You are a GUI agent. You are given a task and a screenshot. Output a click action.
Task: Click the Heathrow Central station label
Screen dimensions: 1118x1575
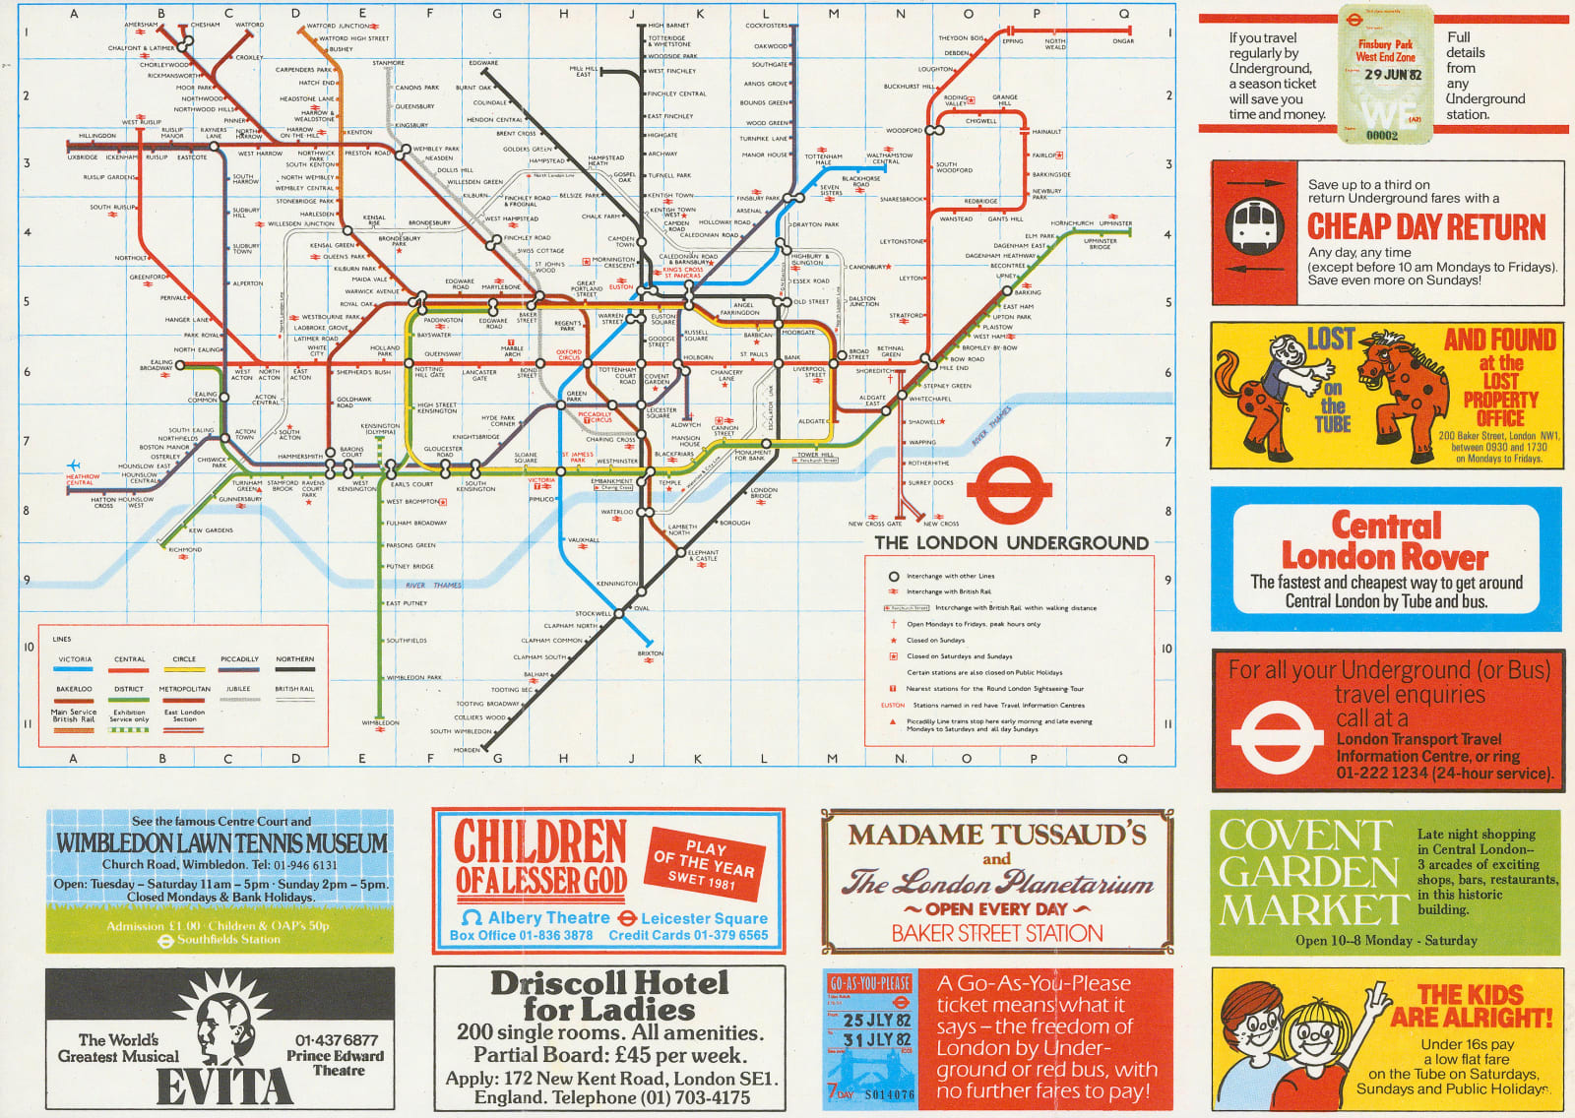[x=83, y=479]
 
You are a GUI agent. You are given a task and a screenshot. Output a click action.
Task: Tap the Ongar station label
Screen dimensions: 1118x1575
[x=1123, y=41]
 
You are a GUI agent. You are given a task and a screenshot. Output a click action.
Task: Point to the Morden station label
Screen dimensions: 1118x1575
[x=467, y=750]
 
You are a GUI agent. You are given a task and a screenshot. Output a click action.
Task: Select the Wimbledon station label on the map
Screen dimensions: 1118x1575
[x=380, y=723]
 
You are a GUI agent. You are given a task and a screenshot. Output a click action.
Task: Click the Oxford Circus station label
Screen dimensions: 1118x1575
[x=569, y=354]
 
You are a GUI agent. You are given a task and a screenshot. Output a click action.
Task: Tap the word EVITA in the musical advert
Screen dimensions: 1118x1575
[x=223, y=1087]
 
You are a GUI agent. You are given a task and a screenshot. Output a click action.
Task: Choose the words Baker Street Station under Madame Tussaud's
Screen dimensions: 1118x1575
[x=996, y=933]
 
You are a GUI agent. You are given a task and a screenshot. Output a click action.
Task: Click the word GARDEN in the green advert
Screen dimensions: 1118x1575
[x=1308, y=872]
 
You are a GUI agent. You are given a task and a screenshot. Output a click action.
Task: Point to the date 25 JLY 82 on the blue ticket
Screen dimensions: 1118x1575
[x=876, y=1021]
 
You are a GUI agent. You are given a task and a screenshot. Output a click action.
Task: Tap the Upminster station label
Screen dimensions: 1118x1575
[x=1114, y=223]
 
